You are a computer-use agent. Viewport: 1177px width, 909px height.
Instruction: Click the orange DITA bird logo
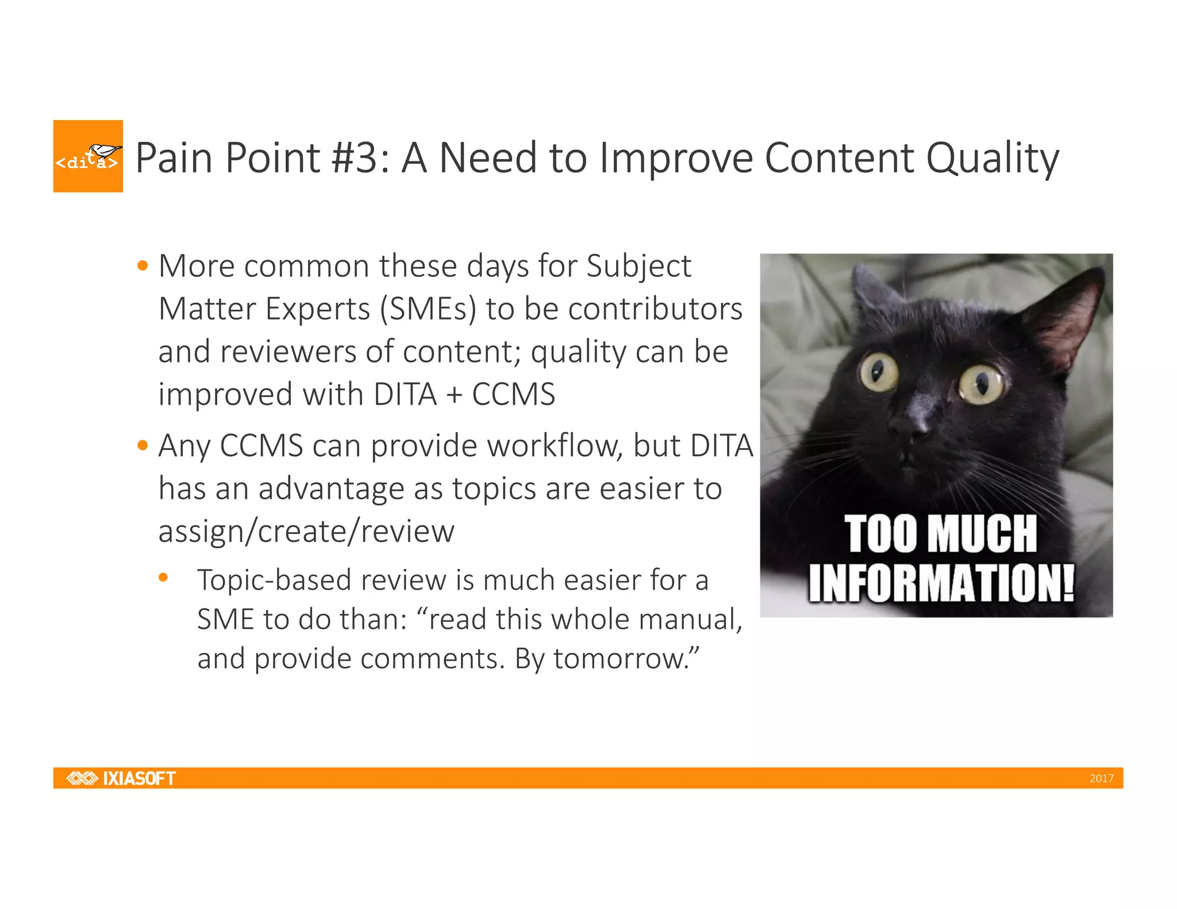pos(88,156)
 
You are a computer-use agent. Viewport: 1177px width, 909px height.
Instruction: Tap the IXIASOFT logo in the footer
pos(121,778)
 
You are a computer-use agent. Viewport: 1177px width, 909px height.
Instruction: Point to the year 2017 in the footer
pos(1101,779)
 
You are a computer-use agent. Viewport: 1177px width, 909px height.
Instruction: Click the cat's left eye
pos(879,372)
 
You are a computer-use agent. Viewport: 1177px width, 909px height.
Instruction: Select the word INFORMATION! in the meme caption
pos(941,583)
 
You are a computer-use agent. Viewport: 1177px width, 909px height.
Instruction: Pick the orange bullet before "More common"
pos(143,266)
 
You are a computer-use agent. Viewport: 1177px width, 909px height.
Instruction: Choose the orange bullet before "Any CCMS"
pos(143,445)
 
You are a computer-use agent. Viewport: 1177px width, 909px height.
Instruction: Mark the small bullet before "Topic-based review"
pos(164,577)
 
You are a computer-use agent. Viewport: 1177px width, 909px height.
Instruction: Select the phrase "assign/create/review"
pos(306,531)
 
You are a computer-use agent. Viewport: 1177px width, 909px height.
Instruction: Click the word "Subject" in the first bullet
pos(638,267)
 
